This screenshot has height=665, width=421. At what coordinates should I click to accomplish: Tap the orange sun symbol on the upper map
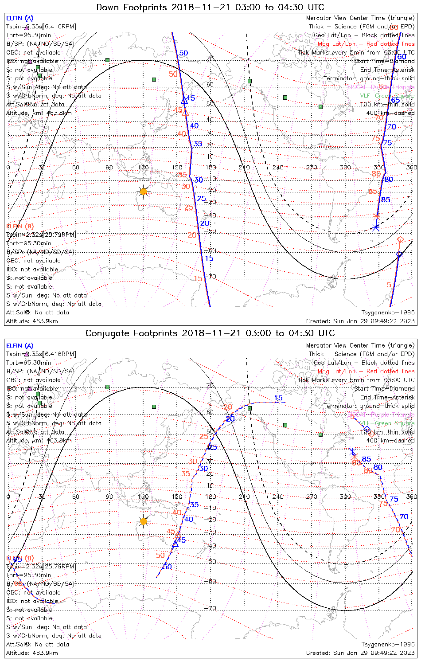[x=143, y=191]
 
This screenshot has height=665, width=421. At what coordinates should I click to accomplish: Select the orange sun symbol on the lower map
[x=143, y=521]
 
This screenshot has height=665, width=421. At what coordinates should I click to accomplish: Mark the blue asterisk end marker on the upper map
[x=376, y=227]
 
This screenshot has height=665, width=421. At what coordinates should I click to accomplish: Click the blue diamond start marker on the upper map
[x=399, y=254]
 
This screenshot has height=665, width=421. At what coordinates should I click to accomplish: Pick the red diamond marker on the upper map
[x=400, y=239]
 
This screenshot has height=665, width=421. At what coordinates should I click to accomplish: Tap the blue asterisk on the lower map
[x=353, y=452]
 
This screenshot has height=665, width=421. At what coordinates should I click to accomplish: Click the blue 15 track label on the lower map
[x=278, y=398]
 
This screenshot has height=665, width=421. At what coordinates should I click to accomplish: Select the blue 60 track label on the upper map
[x=402, y=57]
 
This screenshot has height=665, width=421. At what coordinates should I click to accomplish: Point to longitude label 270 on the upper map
[x=312, y=167]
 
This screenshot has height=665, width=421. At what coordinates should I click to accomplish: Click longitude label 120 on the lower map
[x=143, y=497]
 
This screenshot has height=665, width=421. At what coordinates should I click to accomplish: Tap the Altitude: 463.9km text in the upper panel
[x=32, y=321]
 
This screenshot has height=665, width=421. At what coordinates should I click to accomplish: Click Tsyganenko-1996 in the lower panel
[x=388, y=644]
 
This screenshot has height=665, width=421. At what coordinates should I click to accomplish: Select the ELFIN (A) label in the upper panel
[x=19, y=18]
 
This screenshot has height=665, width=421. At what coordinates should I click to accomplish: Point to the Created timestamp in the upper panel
[x=360, y=321]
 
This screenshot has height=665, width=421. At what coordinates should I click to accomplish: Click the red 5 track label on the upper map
[x=389, y=285]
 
